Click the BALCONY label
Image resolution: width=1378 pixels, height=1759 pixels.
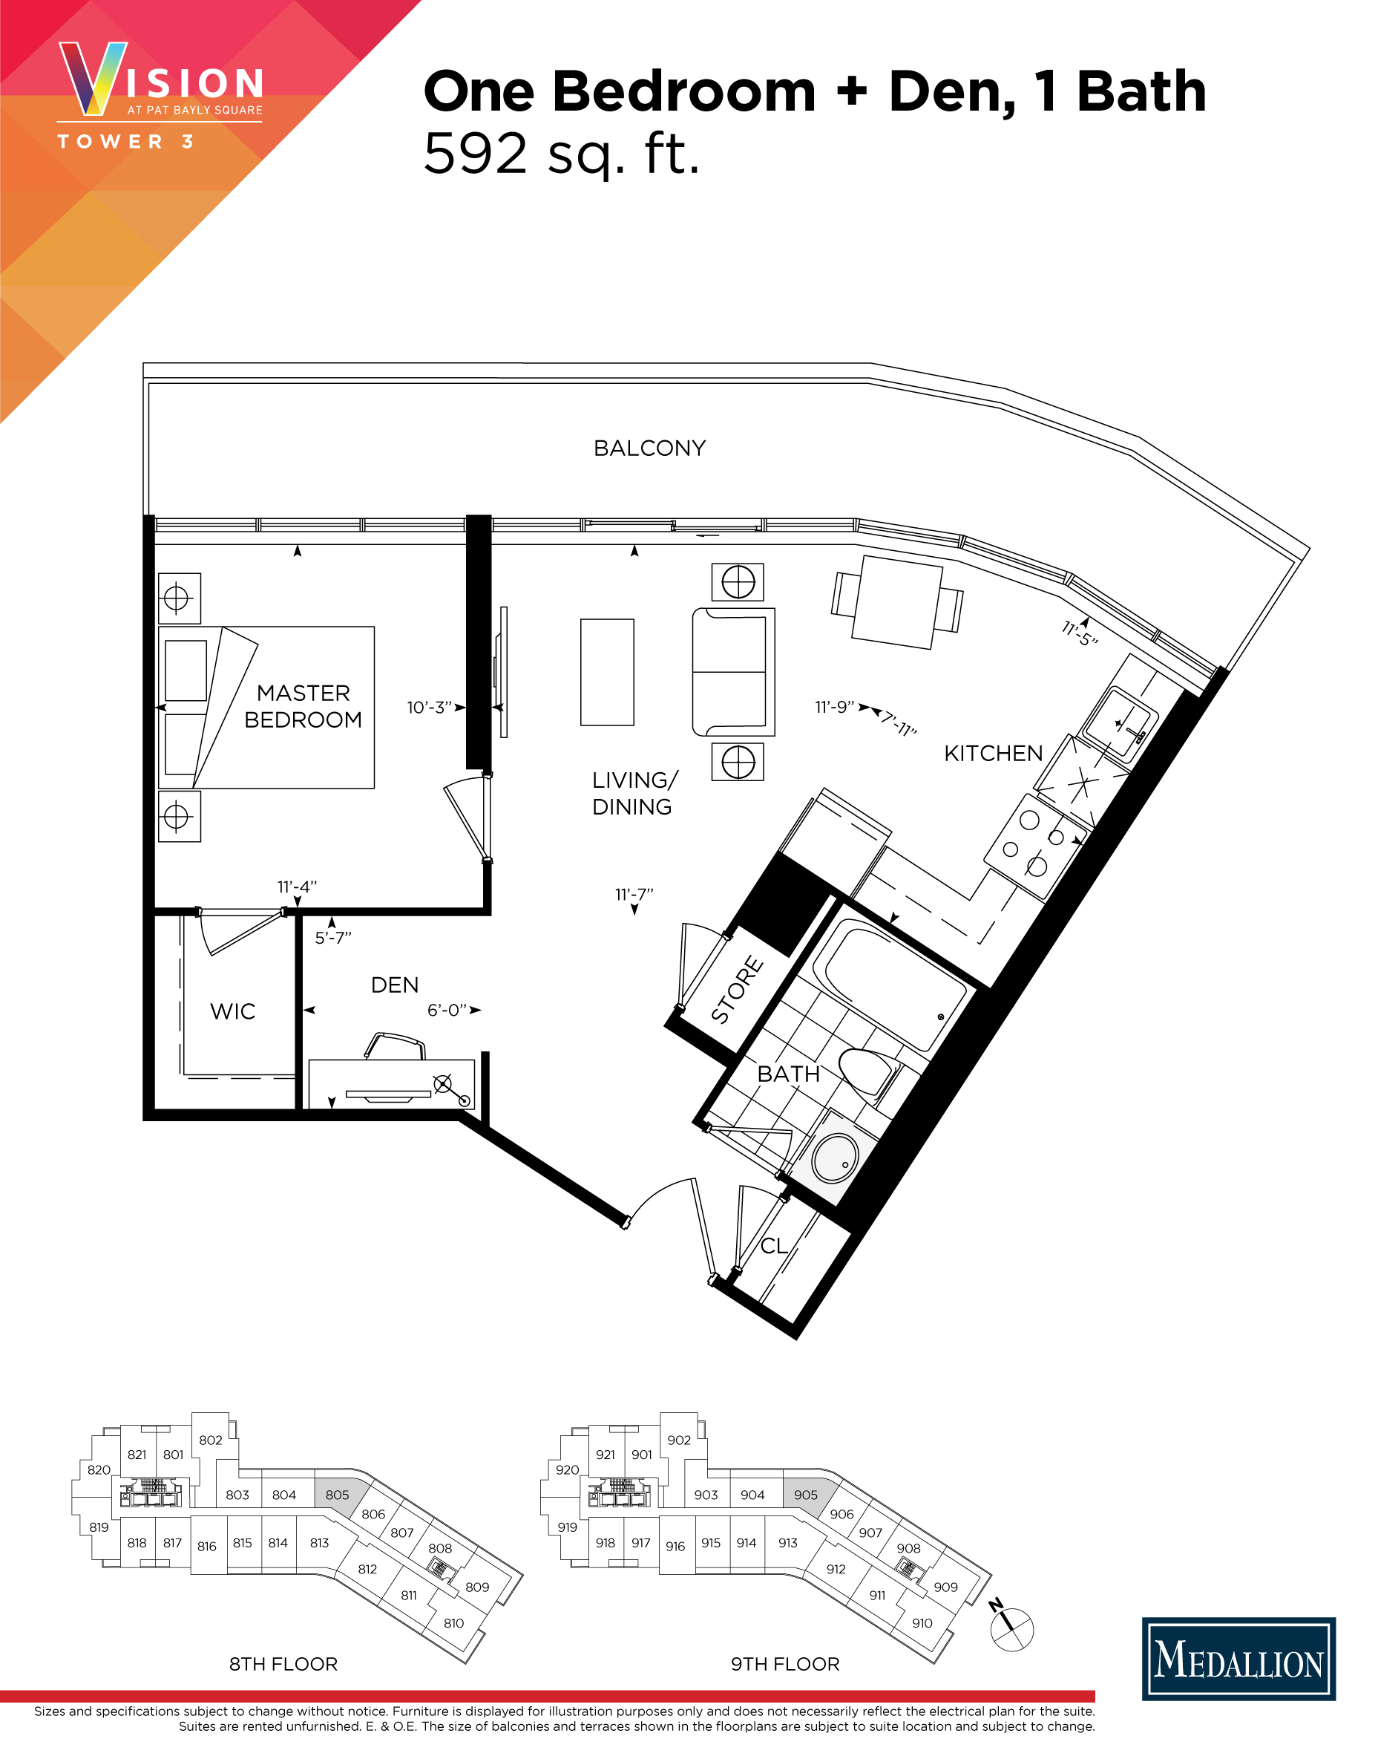point(649,448)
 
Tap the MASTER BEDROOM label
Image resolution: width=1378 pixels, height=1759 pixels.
point(304,706)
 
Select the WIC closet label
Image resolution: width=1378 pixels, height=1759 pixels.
point(232,1011)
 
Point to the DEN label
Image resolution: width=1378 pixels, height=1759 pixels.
point(395,985)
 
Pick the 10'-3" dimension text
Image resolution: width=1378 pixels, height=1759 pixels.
point(428,708)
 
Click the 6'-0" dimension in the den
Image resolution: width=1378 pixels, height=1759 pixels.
point(447,1011)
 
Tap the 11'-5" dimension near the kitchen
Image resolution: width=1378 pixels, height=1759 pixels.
point(1080,633)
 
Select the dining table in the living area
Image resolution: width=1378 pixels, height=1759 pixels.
point(896,601)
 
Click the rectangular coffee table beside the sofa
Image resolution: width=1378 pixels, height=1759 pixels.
point(607,673)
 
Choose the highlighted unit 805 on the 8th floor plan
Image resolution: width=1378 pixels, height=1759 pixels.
point(337,1494)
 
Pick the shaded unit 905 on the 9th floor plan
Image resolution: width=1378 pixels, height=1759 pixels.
point(805,1494)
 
